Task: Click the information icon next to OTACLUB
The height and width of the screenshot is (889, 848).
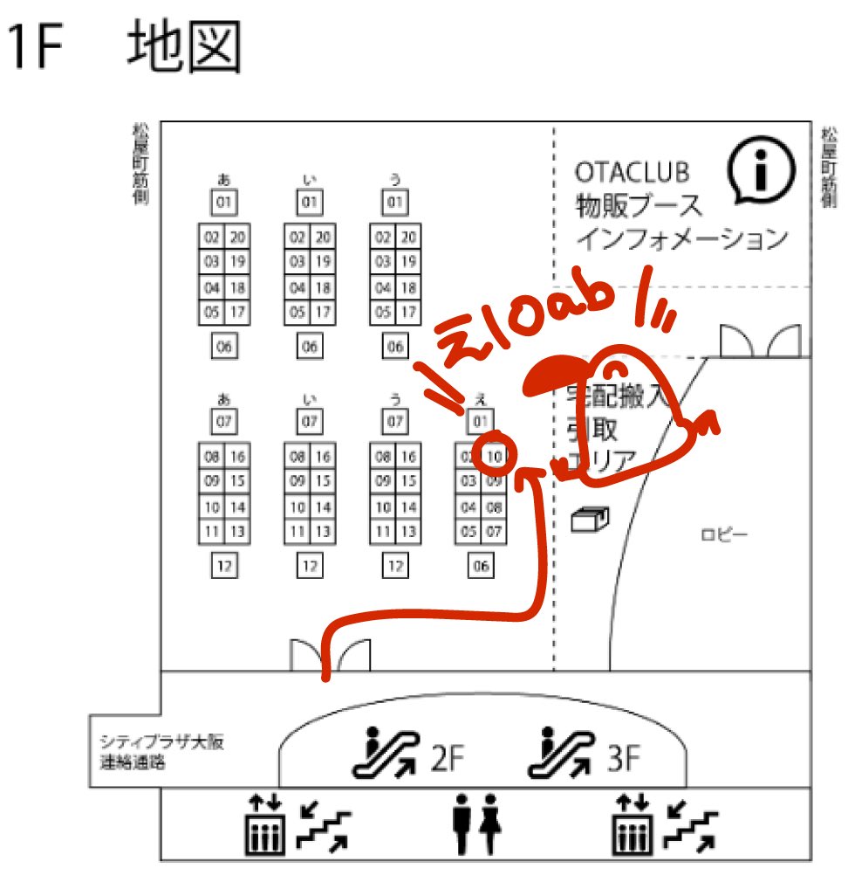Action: (762, 169)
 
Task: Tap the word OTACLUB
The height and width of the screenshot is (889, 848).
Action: (632, 171)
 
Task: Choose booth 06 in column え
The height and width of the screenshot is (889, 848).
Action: (481, 566)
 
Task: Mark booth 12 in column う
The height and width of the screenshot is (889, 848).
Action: (396, 566)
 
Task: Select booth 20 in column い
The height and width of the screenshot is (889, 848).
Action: (323, 238)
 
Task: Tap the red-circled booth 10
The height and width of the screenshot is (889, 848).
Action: (494, 456)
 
